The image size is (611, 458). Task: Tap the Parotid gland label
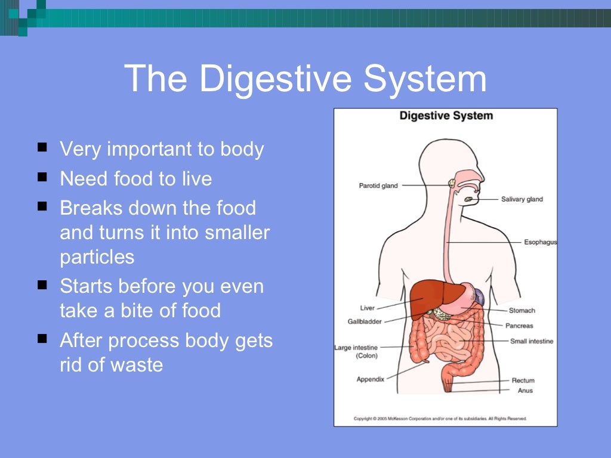coord(378,186)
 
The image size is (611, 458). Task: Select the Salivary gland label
coord(522,199)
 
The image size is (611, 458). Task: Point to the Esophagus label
coord(540,243)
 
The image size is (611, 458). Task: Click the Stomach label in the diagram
coord(522,310)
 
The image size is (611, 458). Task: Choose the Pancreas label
coord(519,326)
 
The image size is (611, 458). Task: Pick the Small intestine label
coord(532,341)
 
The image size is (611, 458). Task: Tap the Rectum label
coord(523,380)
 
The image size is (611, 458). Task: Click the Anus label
coord(526,391)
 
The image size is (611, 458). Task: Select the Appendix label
coord(370,379)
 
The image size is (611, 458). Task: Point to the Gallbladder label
coord(365,321)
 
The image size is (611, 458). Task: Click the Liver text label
coord(368,308)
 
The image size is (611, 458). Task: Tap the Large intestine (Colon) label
coord(356,351)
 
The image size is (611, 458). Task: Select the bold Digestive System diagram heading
coord(446,115)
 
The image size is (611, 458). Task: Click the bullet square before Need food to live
coord(42,177)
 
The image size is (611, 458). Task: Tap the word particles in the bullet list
coord(97,256)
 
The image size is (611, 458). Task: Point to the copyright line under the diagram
coord(440,419)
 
